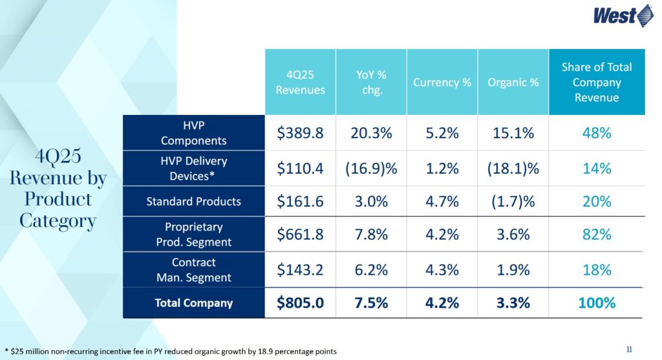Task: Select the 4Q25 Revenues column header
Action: point(300,82)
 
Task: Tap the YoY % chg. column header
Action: point(372,82)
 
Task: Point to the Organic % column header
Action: point(513,83)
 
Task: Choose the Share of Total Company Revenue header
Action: point(597,82)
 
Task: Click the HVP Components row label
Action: point(193,133)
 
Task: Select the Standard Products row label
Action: point(193,201)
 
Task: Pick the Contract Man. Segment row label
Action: point(193,270)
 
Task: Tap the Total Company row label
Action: point(193,302)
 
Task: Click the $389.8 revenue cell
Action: point(300,133)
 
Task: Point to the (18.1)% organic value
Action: point(513,168)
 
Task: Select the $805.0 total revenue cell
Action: point(300,303)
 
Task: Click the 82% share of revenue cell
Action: point(596,234)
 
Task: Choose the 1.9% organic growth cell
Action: point(513,270)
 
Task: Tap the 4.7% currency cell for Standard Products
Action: point(442,202)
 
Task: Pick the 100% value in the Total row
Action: point(596,303)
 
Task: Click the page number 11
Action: point(629,350)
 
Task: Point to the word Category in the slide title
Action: point(58,221)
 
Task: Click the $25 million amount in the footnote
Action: point(28,351)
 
